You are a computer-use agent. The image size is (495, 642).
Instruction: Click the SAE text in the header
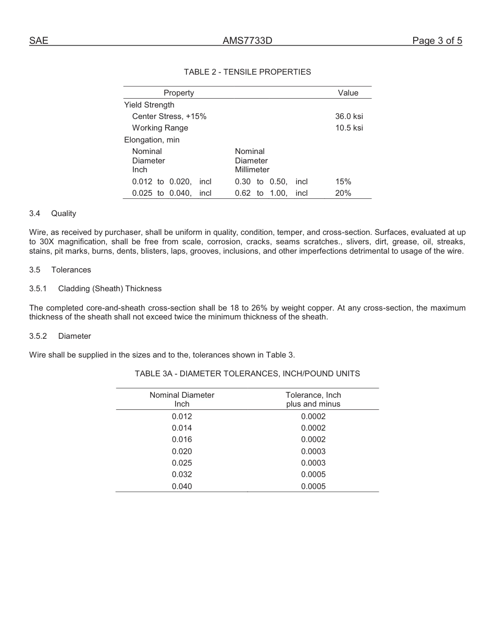point(39,41)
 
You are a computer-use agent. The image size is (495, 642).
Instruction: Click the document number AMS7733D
point(247,41)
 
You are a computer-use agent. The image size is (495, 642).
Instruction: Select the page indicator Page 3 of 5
point(437,41)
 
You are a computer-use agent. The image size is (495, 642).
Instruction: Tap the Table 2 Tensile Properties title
point(247,72)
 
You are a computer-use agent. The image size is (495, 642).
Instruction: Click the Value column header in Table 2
point(348,93)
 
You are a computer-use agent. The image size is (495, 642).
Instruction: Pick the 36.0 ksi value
point(349,116)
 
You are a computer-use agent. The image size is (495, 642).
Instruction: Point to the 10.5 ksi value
point(349,128)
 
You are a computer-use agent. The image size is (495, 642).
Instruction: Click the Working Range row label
point(160,128)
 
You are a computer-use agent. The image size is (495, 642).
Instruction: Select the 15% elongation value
point(343,182)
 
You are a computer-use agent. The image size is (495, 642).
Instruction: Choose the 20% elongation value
point(343,193)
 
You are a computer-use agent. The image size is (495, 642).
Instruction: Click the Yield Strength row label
point(149,105)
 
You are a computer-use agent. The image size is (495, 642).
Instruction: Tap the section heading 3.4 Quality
point(53,213)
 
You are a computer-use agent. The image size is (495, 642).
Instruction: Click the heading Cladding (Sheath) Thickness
point(109,289)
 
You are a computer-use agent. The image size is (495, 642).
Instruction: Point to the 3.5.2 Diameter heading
point(60,336)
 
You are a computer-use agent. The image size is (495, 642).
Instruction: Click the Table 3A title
point(247,374)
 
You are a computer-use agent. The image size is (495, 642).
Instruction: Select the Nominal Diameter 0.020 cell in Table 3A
point(182,451)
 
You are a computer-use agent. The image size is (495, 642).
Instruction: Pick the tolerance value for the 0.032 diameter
point(313,474)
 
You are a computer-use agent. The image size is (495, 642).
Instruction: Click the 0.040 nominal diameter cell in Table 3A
point(182,486)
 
